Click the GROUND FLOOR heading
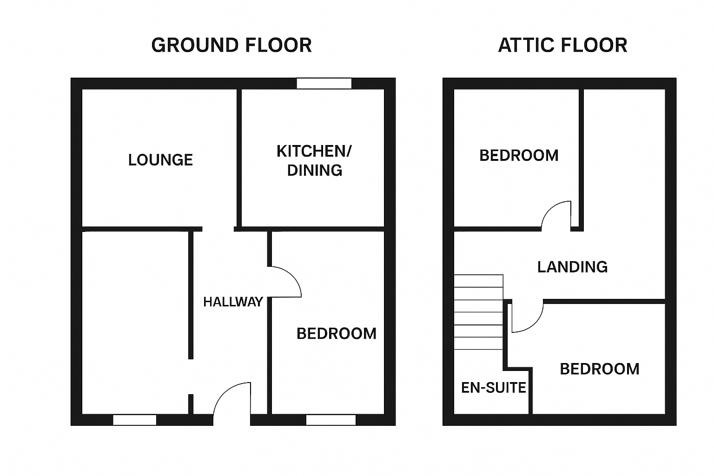pos(231,45)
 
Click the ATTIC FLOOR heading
pos(562,45)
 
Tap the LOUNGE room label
pos(160,160)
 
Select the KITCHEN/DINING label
pos(314,161)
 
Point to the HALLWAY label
pos(233,302)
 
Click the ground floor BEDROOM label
pos(336,333)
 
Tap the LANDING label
pos(573,267)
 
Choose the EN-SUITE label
pos(493,388)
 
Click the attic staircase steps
pos(478,312)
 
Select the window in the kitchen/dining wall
pos(324,84)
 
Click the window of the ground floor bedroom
pos(331,420)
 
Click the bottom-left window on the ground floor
pos(134,420)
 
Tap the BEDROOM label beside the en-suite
pos(600,369)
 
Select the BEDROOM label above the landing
pos(519,156)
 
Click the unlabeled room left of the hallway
pos(135,322)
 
